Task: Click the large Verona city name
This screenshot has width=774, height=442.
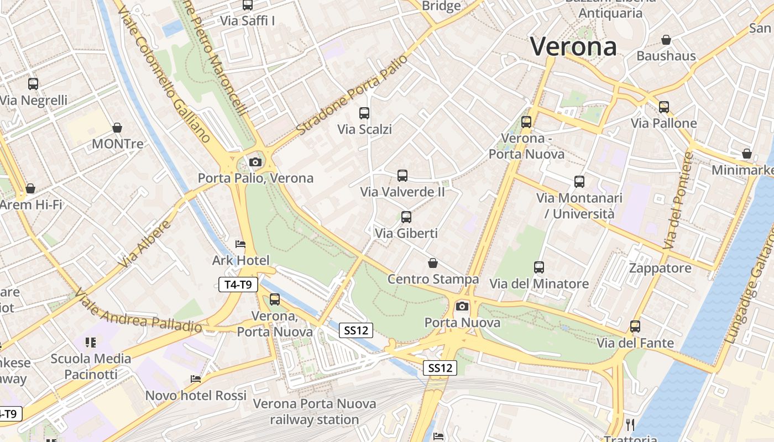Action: pos(573,46)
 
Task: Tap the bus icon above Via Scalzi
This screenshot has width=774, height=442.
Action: pos(364,113)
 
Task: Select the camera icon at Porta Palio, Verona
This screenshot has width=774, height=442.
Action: pos(255,162)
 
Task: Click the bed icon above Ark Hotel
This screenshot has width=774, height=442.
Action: pos(240,244)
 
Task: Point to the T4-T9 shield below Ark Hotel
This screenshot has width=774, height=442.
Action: pos(238,285)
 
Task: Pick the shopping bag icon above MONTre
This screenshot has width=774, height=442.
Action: pos(117,128)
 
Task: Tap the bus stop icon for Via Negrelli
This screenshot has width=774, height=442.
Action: pos(33,84)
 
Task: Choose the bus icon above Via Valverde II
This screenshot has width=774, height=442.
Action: pos(402,176)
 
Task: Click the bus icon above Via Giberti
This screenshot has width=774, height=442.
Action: pos(406,217)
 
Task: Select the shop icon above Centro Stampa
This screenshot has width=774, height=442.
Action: pos(433,263)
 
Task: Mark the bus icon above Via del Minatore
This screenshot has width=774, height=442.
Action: pos(539,267)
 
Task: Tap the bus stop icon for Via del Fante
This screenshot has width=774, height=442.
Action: pos(635,327)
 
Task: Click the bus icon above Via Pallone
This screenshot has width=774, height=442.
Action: pos(664,107)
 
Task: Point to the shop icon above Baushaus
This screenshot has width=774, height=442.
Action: pos(666,40)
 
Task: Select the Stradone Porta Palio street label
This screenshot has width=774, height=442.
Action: pos(352,94)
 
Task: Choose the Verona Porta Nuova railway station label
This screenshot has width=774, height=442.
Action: pos(315,412)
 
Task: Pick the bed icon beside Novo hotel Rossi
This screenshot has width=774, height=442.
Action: pos(196,379)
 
